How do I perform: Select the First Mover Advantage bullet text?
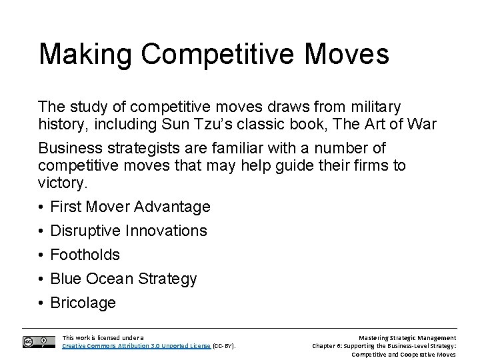(x=130, y=207)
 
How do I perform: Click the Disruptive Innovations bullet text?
(x=129, y=231)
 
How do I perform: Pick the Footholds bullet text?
(x=85, y=255)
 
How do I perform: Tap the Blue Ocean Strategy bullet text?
(x=123, y=279)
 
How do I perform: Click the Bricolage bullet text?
(x=83, y=303)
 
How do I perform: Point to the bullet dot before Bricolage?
(x=41, y=303)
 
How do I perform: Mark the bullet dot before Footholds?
(x=41, y=255)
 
